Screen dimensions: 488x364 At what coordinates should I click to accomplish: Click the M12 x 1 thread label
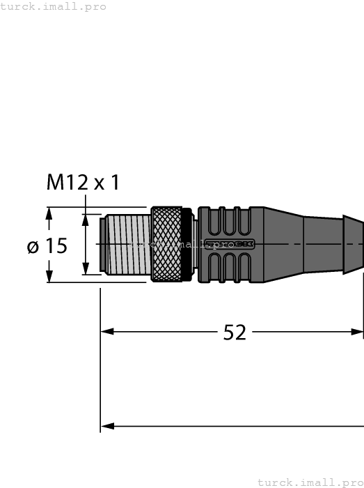(83, 183)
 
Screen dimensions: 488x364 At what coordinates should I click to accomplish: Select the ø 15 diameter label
(47, 246)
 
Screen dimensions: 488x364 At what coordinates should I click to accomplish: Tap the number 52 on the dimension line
(235, 333)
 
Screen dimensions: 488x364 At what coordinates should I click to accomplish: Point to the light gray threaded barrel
(125, 244)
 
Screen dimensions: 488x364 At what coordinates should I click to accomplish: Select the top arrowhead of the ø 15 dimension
(49, 213)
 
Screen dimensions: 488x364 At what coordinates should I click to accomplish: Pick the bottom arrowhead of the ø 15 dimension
(49, 276)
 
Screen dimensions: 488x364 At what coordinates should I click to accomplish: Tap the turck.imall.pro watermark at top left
(54, 6)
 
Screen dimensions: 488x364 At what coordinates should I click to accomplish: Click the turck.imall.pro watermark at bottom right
(310, 482)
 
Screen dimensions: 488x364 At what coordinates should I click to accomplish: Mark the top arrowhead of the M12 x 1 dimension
(86, 219)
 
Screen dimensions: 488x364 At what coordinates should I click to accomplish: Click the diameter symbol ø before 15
(33, 246)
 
